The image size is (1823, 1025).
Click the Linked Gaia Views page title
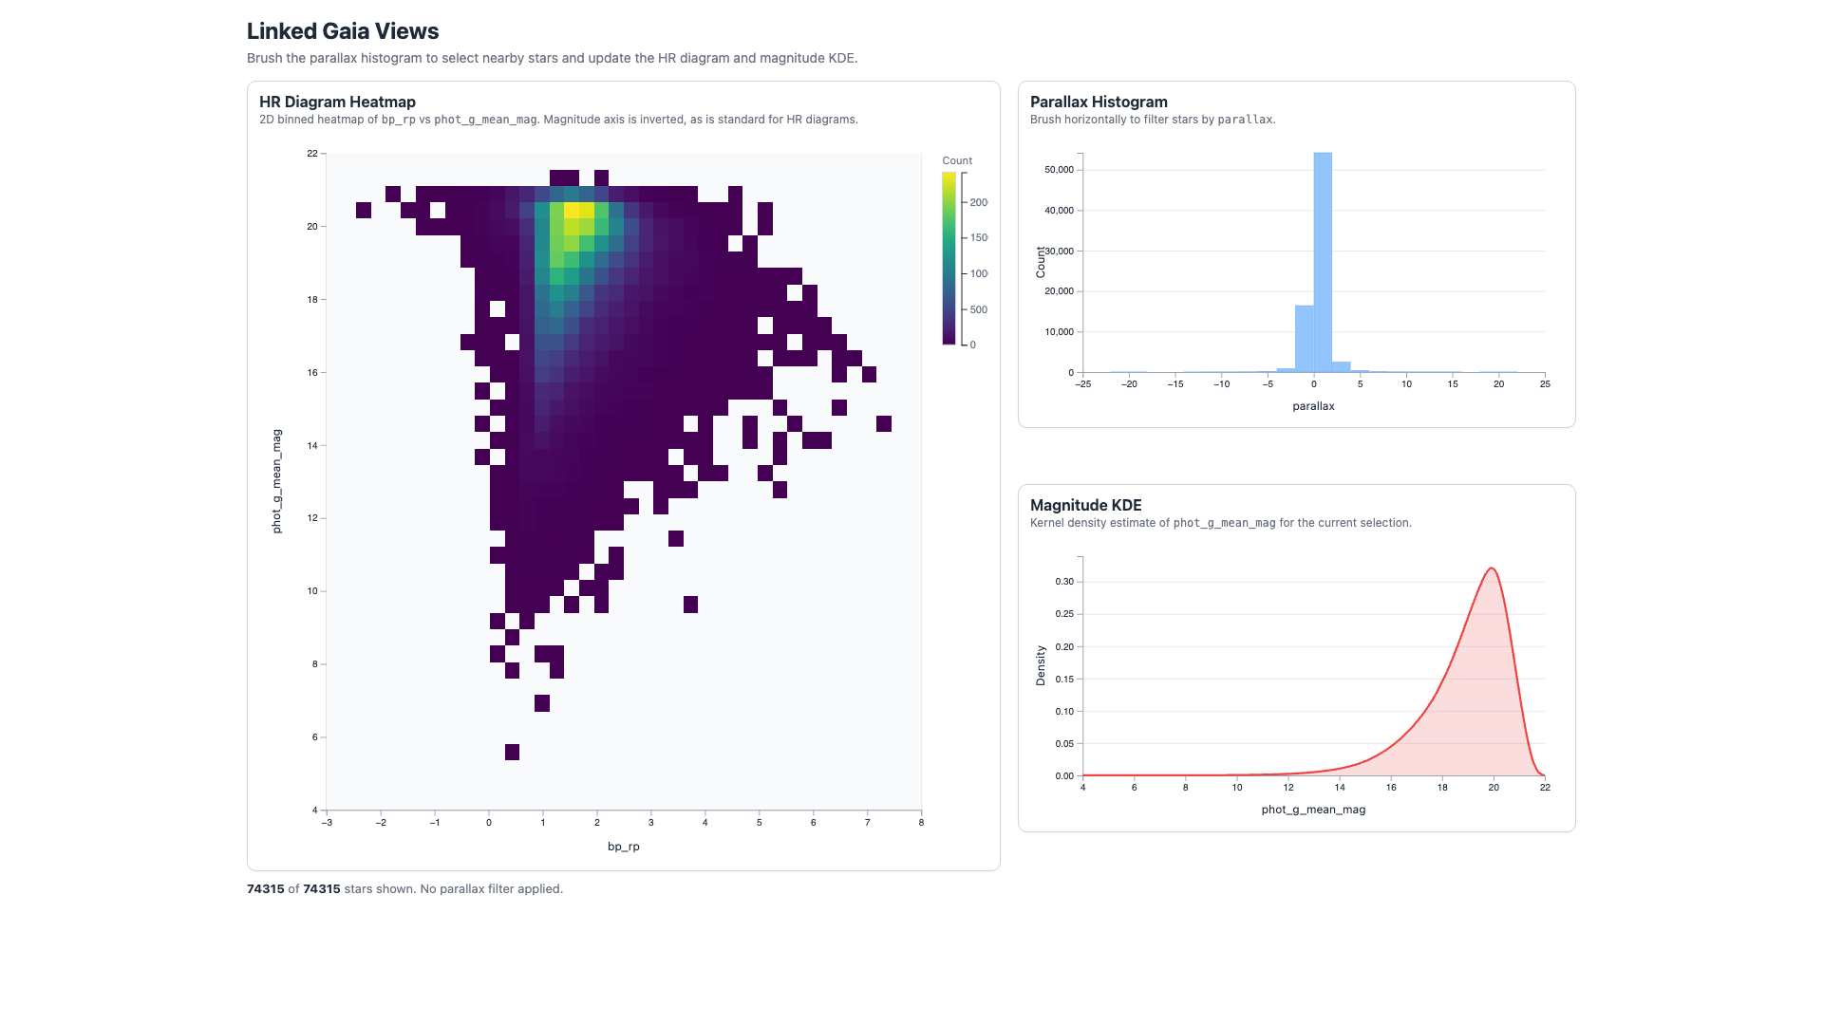pos(343,31)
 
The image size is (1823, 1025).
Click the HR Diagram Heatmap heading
pos(337,102)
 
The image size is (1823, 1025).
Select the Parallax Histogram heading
pos(1099,102)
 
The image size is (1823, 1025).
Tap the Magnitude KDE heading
pos(1085,505)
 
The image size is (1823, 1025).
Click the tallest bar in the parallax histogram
pos(1323,263)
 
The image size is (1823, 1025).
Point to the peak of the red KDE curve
pos(1492,568)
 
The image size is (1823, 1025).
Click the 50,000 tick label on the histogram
pos(1059,170)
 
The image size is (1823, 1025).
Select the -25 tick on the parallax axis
pos(1082,384)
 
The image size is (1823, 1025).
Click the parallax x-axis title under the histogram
pos(1313,406)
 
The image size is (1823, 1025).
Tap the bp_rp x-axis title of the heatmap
pos(624,847)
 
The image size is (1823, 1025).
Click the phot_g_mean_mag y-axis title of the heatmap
pos(276,481)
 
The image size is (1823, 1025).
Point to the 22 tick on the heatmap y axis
pos(312,153)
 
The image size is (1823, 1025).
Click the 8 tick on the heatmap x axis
pos(921,823)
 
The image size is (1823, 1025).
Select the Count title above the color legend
pos(957,160)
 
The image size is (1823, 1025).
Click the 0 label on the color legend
pos(972,345)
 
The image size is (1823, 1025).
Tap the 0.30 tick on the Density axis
pos(1064,582)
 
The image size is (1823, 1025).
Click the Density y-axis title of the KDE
pos(1041,665)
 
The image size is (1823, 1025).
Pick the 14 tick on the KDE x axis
pos(1340,788)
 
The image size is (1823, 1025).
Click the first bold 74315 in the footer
pos(266,889)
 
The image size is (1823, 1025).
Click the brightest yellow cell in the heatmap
pos(572,210)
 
